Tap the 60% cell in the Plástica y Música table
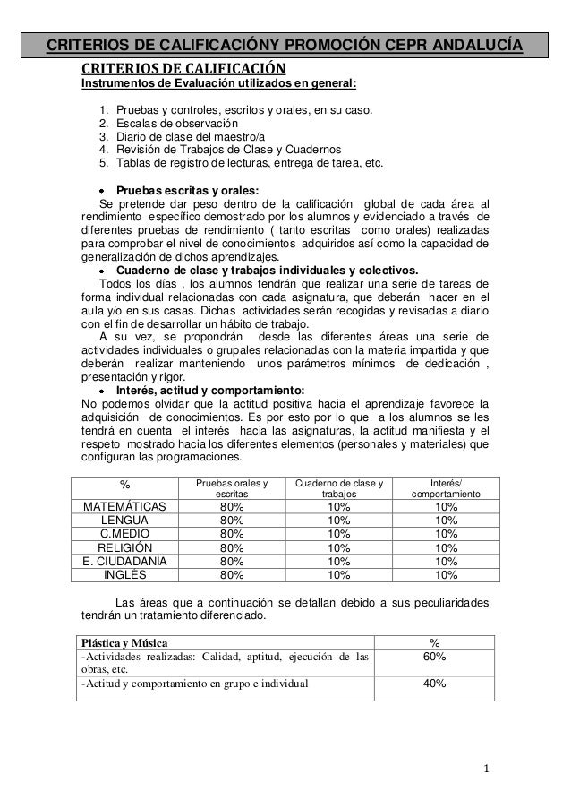[x=433, y=658]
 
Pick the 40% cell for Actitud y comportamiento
[x=433, y=684]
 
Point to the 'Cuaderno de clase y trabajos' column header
[x=337, y=488]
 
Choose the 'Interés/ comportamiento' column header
[x=447, y=488]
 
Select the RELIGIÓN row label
[x=124, y=547]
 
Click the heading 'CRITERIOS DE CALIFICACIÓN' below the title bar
[x=183, y=69]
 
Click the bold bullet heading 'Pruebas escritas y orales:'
[x=187, y=190]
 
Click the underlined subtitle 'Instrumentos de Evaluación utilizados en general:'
[x=219, y=85]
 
